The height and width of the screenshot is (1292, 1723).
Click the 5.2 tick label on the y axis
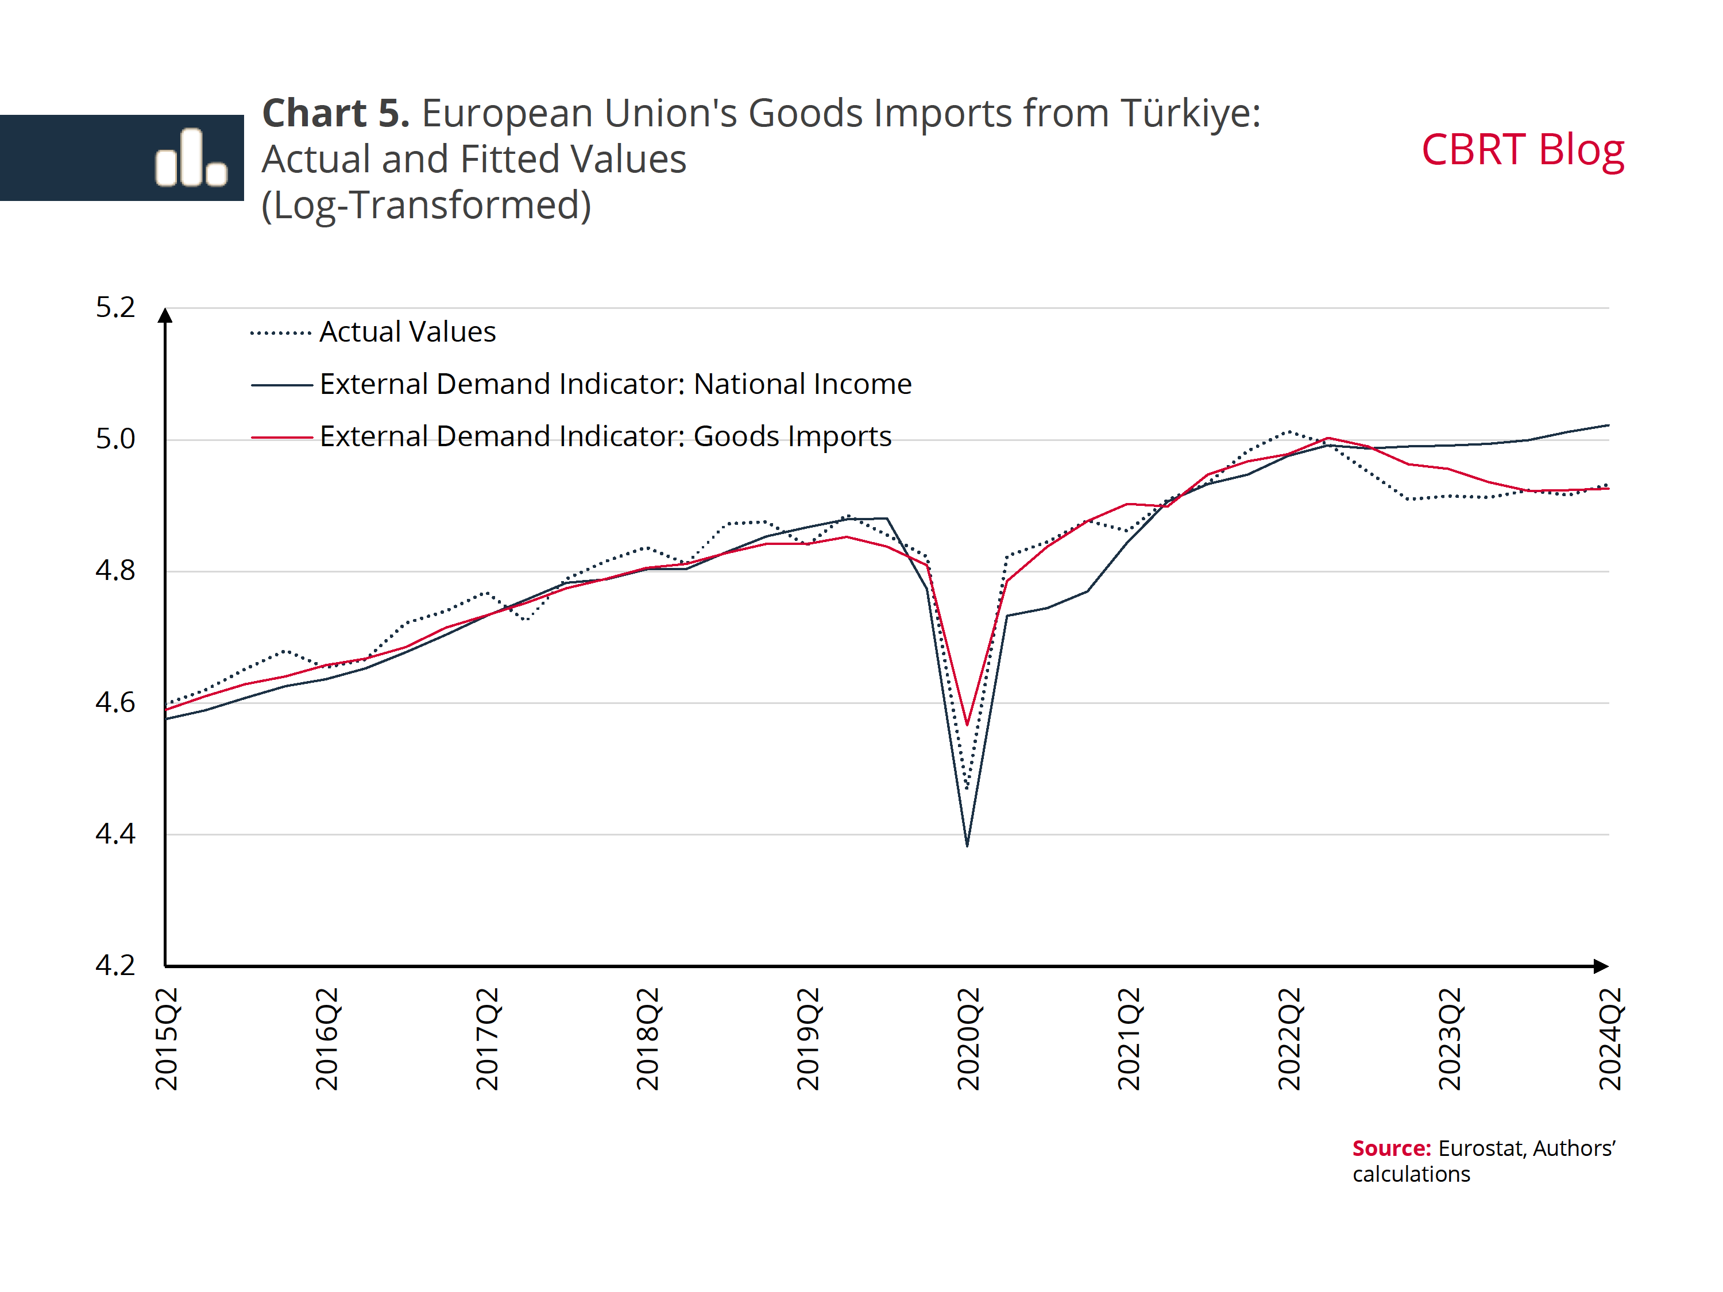(x=115, y=308)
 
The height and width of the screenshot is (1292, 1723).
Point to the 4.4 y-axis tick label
(x=115, y=834)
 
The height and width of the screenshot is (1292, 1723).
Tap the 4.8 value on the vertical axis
(x=115, y=571)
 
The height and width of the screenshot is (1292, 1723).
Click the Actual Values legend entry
(x=407, y=332)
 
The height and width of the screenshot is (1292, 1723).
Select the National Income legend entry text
(x=615, y=384)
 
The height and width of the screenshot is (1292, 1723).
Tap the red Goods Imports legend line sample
(x=281, y=437)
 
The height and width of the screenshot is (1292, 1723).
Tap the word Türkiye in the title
(x=1190, y=114)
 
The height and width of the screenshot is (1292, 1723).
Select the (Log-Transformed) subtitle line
(x=426, y=206)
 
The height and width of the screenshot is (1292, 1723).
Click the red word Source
(x=1391, y=1148)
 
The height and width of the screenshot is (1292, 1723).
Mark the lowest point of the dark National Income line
(x=967, y=845)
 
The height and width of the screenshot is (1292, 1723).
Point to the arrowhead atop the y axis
(x=165, y=315)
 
